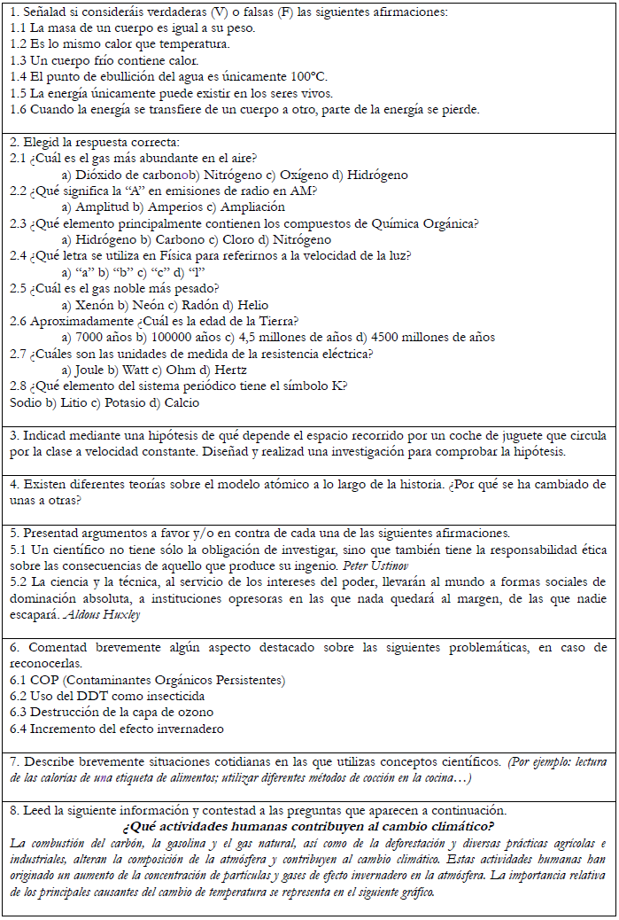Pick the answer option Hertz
(227, 370)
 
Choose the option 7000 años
(102, 337)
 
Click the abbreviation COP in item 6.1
(43, 680)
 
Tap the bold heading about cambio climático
(308, 826)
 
